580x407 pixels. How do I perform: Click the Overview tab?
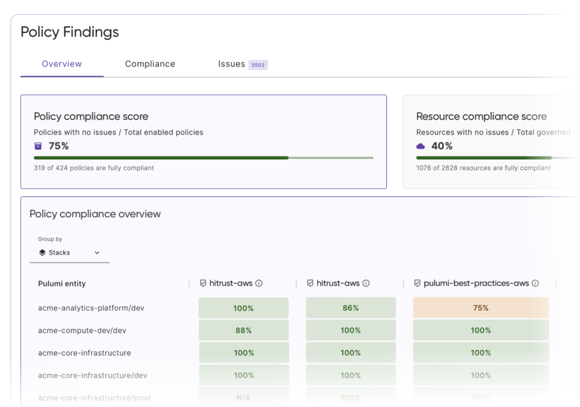coord(62,64)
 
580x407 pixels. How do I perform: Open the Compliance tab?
coord(150,64)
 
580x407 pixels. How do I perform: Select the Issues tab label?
coord(231,64)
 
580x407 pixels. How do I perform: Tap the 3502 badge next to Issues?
coord(258,65)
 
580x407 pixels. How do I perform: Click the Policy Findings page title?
coord(70,32)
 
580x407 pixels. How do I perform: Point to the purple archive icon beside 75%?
coord(38,146)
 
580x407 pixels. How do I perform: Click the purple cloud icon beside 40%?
coord(421,146)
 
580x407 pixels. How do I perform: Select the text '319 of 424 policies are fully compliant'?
coord(94,168)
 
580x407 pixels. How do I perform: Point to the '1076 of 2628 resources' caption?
coord(483,168)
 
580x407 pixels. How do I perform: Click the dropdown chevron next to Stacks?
coord(97,253)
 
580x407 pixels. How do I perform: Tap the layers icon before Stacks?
coord(42,252)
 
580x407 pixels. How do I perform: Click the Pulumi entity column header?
coord(62,284)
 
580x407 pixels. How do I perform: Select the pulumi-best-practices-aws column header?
coord(476,283)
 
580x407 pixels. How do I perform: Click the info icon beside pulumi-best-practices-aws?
coord(535,283)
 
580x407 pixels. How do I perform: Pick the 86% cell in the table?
coord(350,308)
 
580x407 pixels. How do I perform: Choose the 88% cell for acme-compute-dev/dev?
coord(244,330)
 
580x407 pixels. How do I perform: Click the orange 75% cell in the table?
coord(481,308)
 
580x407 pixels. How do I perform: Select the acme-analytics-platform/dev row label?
coord(91,308)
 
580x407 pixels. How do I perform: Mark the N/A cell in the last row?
coord(244,398)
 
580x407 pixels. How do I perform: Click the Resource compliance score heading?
coord(481,117)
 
